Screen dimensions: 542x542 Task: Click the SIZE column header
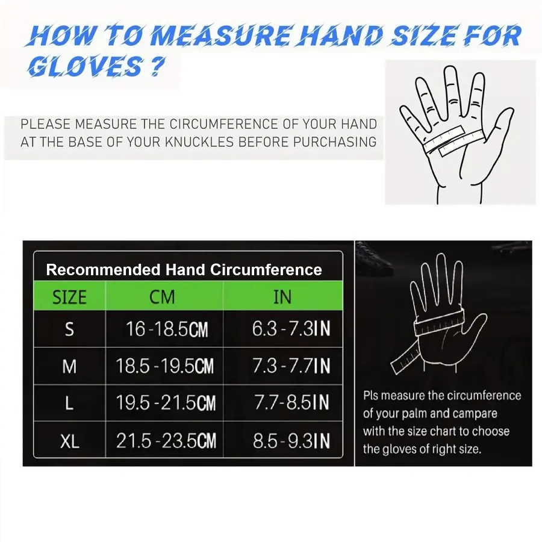69,297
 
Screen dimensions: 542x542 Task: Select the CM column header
162,297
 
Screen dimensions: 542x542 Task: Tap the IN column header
282,297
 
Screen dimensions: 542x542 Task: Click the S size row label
69,329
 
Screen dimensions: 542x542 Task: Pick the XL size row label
70,441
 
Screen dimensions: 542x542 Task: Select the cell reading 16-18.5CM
167,329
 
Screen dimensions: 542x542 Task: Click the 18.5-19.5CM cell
165,366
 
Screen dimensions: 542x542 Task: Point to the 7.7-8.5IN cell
291,402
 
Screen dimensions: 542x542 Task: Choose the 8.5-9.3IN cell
291,441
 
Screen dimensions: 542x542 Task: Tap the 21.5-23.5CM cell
166,441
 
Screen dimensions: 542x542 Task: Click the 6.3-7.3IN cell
291,329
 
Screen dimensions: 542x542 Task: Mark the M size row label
69,366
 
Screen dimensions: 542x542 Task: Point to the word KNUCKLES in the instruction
199,142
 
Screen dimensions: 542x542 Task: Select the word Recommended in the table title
104,270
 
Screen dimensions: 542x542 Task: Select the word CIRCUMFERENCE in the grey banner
223,124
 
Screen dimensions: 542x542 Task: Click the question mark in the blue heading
157,66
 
